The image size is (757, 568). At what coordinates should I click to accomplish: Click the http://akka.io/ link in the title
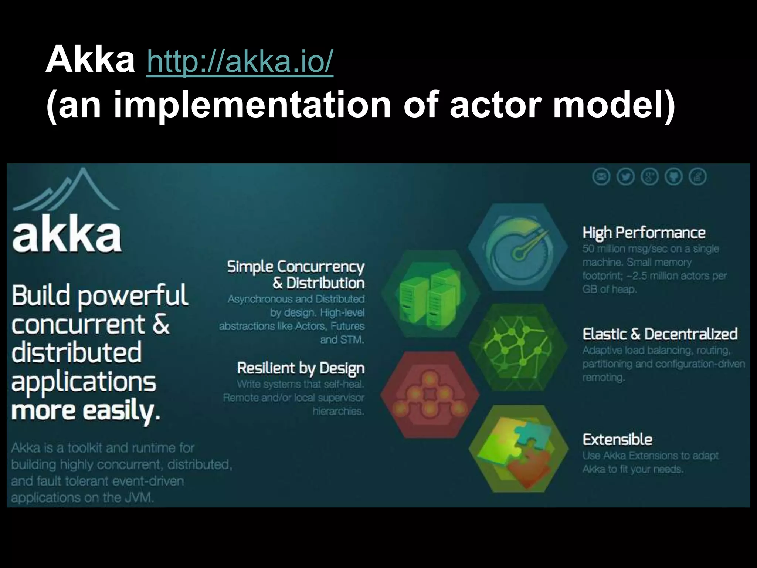pyautogui.click(x=240, y=61)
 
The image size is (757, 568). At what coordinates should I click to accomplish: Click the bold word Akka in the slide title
pyautogui.click(x=90, y=60)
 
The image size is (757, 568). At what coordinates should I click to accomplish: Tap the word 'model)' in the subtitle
pyautogui.click(x=614, y=105)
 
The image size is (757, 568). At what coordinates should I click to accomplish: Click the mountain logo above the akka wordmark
pyautogui.click(x=67, y=190)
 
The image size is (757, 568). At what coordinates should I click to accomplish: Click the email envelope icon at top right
pyautogui.click(x=601, y=177)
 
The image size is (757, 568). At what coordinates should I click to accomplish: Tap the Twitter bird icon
pyautogui.click(x=625, y=177)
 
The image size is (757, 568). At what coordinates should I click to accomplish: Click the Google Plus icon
pyautogui.click(x=649, y=177)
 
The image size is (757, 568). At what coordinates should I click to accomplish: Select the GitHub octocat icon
pyautogui.click(x=673, y=177)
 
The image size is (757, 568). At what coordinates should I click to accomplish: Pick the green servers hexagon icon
pyautogui.click(x=430, y=294)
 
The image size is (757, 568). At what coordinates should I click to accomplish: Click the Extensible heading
pyautogui.click(x=617, y=440)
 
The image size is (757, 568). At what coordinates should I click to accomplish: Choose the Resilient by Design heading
pyautogui.click(x=301, y=368)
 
